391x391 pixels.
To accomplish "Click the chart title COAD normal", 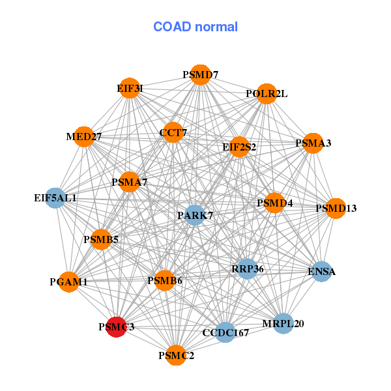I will (x=195, y=27).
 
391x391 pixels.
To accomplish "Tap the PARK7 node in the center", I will (x=195, y=214).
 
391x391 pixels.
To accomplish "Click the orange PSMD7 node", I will (x=201, y=75).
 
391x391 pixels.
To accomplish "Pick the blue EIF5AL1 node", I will (x=55, y=197).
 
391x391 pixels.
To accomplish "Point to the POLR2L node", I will (x=266, y=94).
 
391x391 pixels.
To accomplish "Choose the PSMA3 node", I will (x=313, y=143).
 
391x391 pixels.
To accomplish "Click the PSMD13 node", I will (x=336, y=209).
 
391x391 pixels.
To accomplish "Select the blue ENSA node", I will (x=321, y=271).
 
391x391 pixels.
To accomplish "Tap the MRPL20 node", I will (x=283, y=323).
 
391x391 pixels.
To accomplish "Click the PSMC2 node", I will (x=176, y=355).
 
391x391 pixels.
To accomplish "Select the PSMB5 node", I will (x=101, y=240).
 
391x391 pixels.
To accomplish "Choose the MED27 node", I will (x=83, y=137).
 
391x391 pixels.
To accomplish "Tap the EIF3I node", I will (x=130, y=88).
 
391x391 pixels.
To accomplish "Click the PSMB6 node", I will (x=165, y=281).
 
